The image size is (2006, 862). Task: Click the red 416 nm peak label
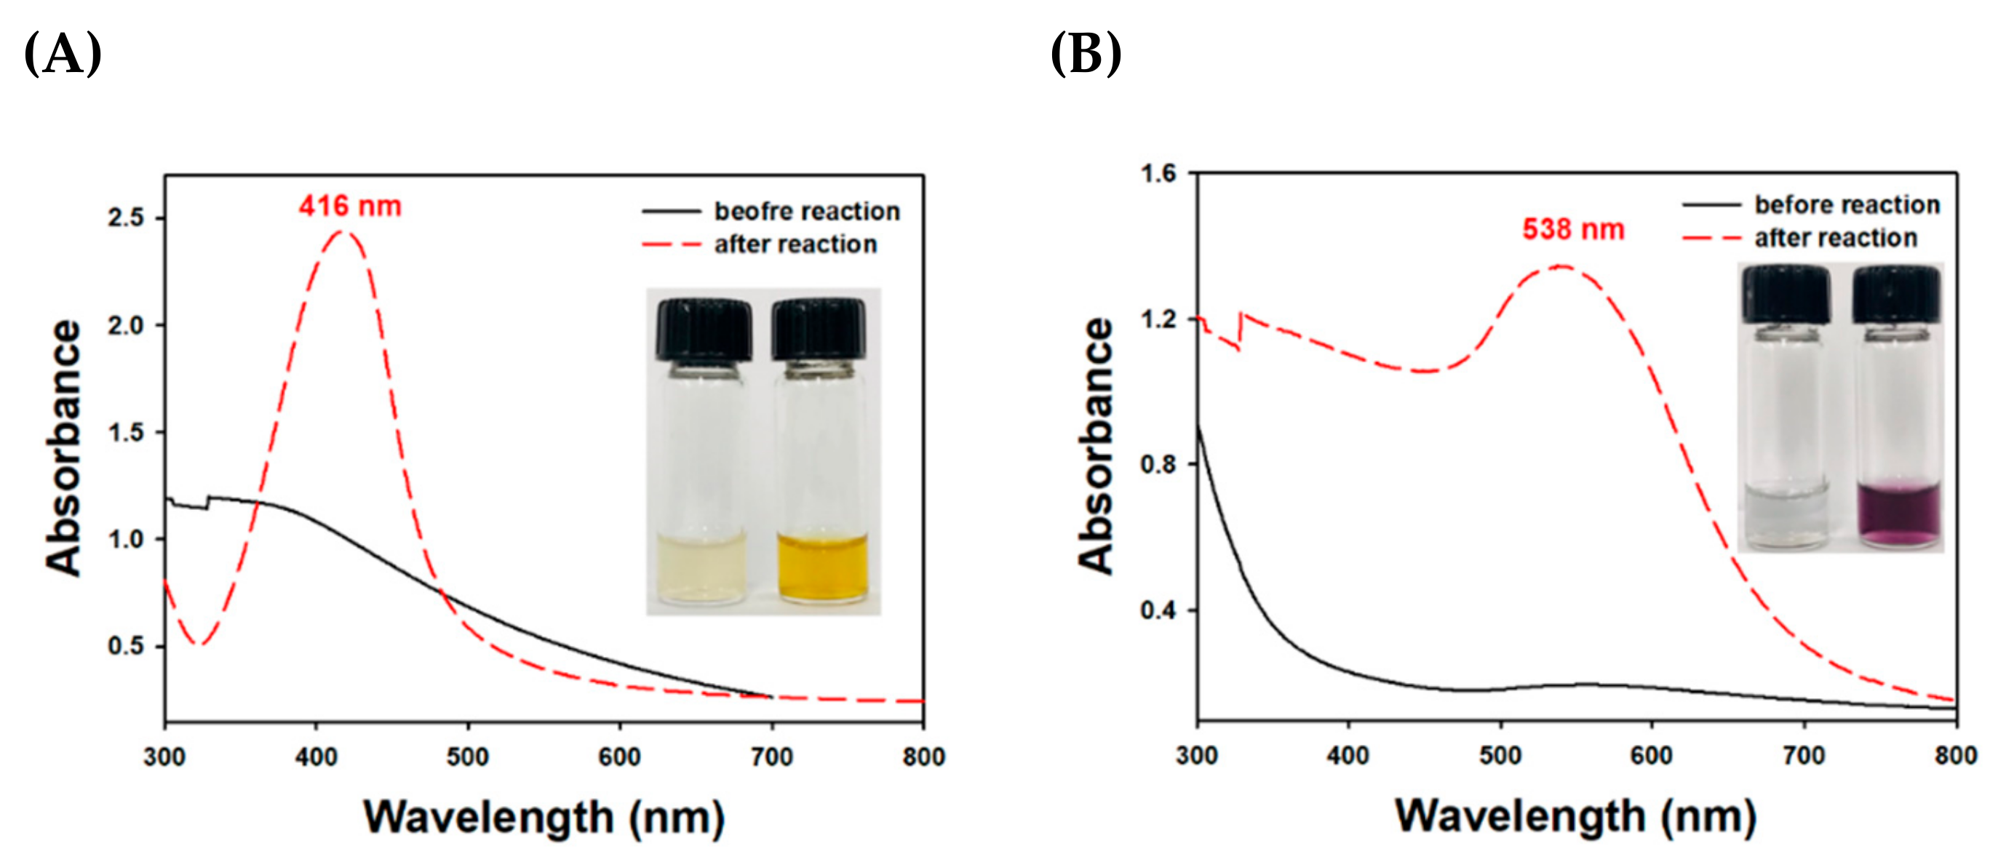pyautogui.click(x=350, y=207)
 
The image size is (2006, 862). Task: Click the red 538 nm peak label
pyautogui.click(x=1573, y=230)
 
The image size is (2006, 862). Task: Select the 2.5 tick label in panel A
pyautogui.click(x=126, y=218)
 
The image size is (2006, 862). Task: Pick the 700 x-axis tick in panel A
pyautogui.click(x=771, y=756)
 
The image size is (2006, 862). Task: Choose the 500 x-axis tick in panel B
pyautogui.click(x=1500, y=754)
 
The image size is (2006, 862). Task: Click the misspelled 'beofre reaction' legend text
pyautogui.click(x=807, y=211)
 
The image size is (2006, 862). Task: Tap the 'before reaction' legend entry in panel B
pyautogui.click(x=1847, y=205)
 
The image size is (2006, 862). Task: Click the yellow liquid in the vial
pyautogui.click(x=822, y=567)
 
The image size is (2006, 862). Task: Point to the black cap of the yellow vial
pyautogui.click(x=819, y=328)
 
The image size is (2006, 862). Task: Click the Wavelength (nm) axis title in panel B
pyautogui.click(x=1575, y=817)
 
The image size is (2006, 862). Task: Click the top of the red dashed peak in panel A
pyautogui.click(x=341, y=231)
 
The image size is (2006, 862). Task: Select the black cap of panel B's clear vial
pyautogui.click(x=1786, y=294)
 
